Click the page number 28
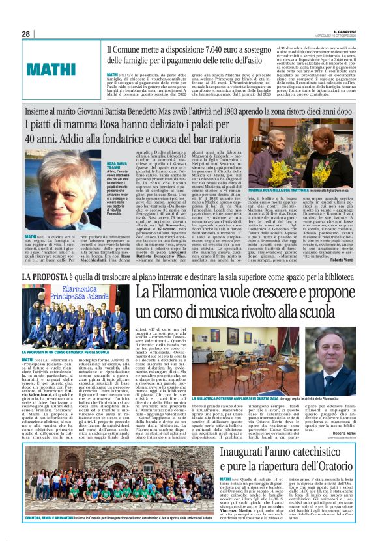click(26, 33)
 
